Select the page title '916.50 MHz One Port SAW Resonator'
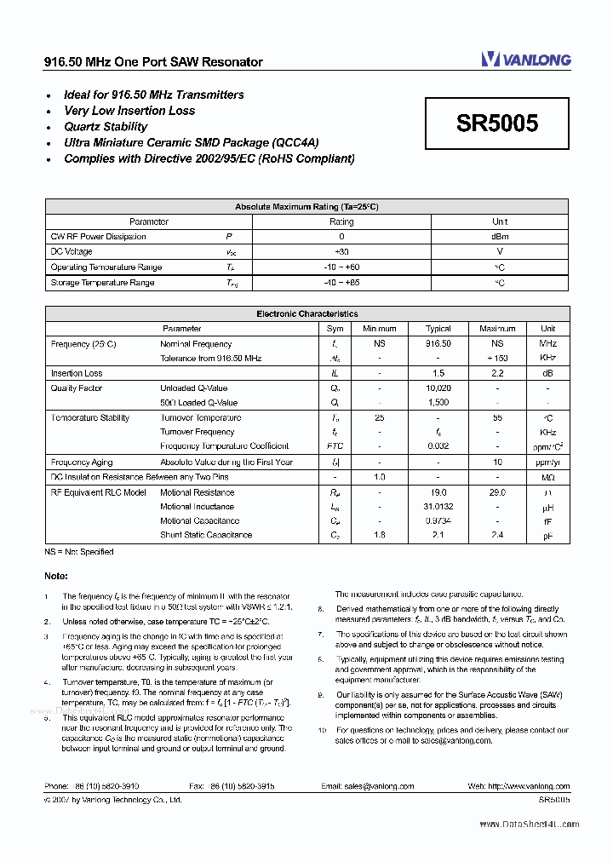click(153, 62)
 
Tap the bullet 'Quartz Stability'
click(106, 127)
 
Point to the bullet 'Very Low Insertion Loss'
click(129, 111)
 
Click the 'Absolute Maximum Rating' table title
click(306, 207)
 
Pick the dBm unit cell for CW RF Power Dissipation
click(500, 237)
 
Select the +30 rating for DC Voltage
click(341, 252)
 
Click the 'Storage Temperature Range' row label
click(102, 283)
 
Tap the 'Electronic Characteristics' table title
click(306, 314)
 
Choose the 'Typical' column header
click(438, 329)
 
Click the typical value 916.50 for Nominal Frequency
click(438, 344)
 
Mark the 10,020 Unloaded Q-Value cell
click(438, 388)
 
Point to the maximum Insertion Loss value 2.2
click(497, 373)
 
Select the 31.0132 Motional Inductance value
click(438, 507)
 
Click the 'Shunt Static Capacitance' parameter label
click(206, 535)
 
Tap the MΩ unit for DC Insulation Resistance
click(547, 477)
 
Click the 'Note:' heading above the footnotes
click(56, 576)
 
